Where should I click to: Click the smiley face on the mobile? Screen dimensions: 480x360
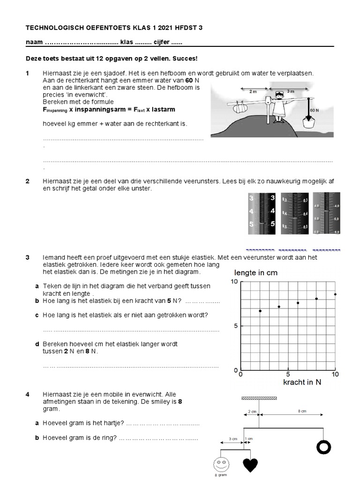[220, 464]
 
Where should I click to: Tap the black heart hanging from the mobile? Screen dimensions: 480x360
[250, 464]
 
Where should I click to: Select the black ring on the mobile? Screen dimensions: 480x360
[323, 447]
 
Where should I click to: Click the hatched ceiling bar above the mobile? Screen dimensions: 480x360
[258, 398]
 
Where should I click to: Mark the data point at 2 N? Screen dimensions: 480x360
[260, 311]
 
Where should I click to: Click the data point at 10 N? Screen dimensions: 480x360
[335, 294]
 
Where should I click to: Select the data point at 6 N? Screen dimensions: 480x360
[298, 303]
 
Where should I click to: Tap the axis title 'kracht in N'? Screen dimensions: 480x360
[303, 382]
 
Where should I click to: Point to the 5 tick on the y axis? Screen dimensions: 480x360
[236, 326]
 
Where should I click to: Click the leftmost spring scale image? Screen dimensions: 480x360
[262, 213]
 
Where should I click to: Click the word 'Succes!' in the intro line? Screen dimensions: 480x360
[185, 59]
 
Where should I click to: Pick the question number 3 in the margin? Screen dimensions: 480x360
[28, 257]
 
